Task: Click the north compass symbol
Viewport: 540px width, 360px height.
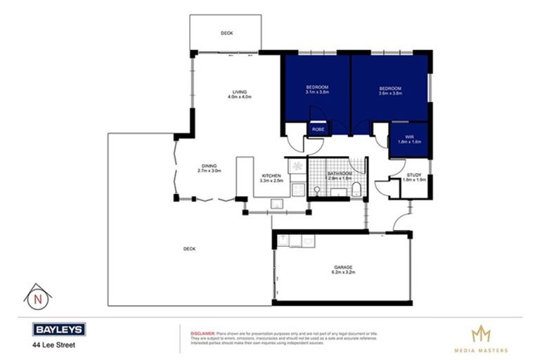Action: point(36,297)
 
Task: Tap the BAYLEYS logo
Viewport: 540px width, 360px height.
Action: point(59,329)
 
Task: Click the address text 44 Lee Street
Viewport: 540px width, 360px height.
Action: point(52,345)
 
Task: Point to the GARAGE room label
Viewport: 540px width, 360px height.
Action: point(343,268)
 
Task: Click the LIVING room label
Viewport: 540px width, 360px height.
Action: point(239,91)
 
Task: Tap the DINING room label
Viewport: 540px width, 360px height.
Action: point(209,166)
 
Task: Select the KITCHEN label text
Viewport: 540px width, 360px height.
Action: point(271,176)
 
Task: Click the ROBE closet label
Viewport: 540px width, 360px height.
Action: point(317,129)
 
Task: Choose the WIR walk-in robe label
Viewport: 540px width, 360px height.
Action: point(409,137)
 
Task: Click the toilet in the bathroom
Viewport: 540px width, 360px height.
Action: point(357,187)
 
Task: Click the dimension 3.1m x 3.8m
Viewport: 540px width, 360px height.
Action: point(317,93)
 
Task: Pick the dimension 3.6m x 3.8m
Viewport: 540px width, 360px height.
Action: point(390,93)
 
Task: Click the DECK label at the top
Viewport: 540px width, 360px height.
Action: point(226,33)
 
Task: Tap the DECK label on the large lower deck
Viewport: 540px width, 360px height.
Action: point(188,249)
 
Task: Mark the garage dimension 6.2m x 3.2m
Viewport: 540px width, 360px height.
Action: point(343,274)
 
